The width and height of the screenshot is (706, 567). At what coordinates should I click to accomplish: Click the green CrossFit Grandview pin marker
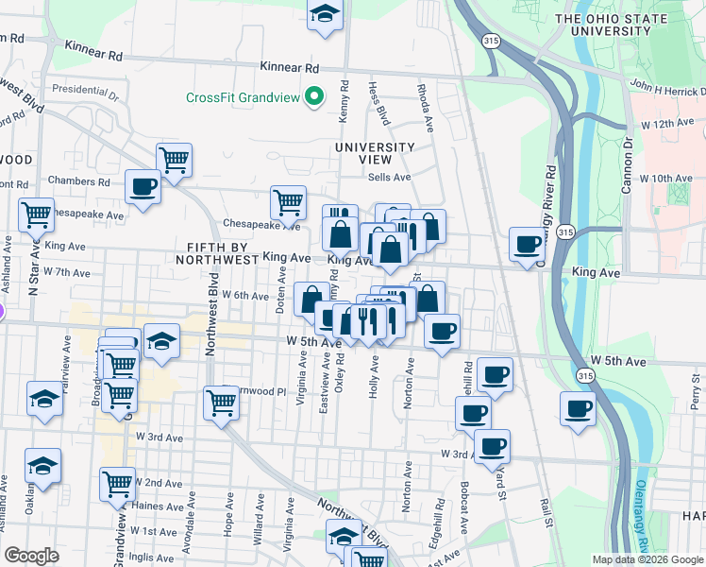click(x=313, y=97)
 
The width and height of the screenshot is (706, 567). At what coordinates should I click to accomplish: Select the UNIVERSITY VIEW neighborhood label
click(x=375, y=153)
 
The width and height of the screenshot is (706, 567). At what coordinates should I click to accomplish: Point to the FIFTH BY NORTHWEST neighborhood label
click(x=217, y=253)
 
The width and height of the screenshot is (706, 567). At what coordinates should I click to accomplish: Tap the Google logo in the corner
click(x=31, y=556)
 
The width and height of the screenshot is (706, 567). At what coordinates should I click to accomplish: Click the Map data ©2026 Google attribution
click(x=647, y=559)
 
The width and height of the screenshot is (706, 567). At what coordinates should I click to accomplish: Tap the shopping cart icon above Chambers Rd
click(x=175, y=160)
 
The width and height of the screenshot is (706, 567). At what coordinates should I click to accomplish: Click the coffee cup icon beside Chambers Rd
click(x=143, y=186)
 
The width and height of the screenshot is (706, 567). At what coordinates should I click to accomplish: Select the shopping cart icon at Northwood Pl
click(x=221, y=402)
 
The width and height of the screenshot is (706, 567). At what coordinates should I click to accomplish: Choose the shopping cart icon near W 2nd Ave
click(x=117, y=483)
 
